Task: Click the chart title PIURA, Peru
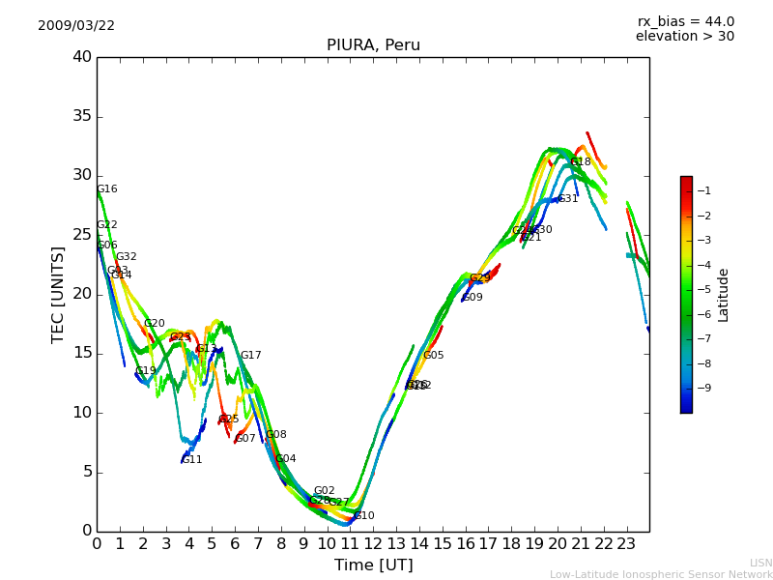[373, 45]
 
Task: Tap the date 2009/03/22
[76, 26]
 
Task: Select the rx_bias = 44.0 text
[685, 22]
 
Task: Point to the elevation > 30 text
[684, 37]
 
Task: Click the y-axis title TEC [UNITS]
[58, 294]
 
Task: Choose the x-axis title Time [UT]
[373, 565]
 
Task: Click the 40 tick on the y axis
[82, 57]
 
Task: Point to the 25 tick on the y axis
[82, 235]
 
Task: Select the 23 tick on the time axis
[626, 543]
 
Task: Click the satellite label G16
[106, 189]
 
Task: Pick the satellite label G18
[580, 162]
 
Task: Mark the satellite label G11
[191, 460]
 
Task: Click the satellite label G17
[250, 356]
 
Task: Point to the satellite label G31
[567, 199]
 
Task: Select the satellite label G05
[433, 356]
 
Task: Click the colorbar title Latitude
[723, 295]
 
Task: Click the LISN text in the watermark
[760, 563]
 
